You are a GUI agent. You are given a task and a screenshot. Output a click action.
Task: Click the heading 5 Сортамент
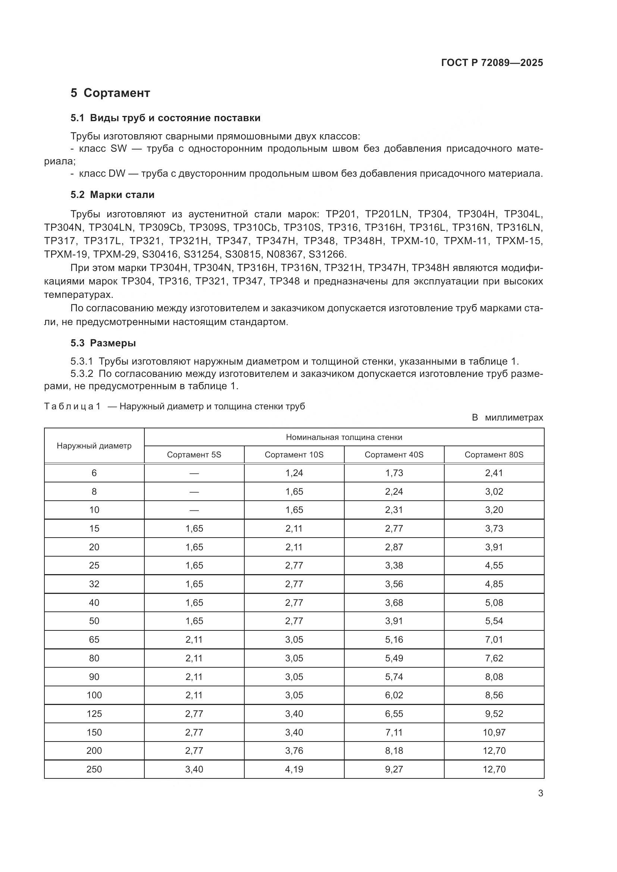point(110,93)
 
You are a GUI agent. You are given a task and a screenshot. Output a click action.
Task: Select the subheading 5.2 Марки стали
point(112,195)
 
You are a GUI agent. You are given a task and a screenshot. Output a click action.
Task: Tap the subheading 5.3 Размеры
point(103,343)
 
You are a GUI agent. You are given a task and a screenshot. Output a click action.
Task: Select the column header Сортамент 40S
point(394,454)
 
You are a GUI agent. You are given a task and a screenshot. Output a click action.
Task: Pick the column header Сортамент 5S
point(194,454)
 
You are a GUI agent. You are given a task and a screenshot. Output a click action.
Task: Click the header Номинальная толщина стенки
point(344,437)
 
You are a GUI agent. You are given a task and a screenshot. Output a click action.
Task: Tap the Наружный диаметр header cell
point(94,446)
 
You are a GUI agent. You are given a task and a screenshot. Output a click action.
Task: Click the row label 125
point(94,714)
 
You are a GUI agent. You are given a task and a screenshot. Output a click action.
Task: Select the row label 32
point(94,584)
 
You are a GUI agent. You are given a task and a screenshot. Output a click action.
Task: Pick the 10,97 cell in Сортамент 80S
point(494,732)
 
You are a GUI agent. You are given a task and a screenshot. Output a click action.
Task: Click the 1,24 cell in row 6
point(294,473)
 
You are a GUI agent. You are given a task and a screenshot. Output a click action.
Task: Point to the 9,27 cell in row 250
point(394,769)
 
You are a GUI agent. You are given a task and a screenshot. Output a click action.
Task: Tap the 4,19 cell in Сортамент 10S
point(294,769)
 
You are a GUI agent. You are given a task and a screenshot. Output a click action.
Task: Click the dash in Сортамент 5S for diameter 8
point(194,492)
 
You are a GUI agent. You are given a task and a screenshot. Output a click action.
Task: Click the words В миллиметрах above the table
point(507,418)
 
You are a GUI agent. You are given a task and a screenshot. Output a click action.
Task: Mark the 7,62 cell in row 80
point(494,658)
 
